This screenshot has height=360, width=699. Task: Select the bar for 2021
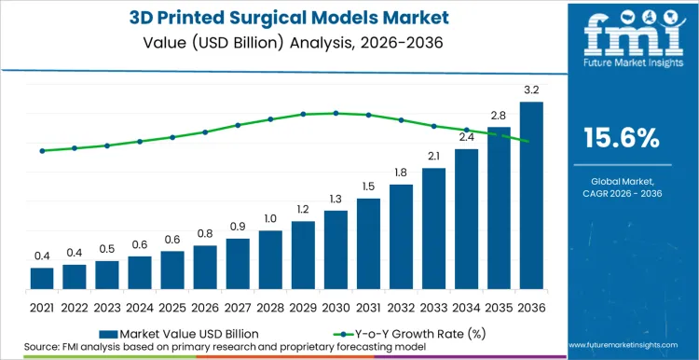42,280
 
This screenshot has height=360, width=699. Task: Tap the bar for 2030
336,251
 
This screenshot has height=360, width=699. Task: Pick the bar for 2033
433,230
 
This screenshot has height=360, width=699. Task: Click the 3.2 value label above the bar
531,90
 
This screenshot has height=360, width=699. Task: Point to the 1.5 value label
368,187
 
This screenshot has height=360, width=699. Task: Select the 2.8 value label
499,116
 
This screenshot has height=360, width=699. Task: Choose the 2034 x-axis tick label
466,307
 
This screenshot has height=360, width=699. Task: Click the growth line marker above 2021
42,151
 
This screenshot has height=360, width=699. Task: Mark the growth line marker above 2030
336,113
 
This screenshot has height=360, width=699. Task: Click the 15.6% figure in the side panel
621,138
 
